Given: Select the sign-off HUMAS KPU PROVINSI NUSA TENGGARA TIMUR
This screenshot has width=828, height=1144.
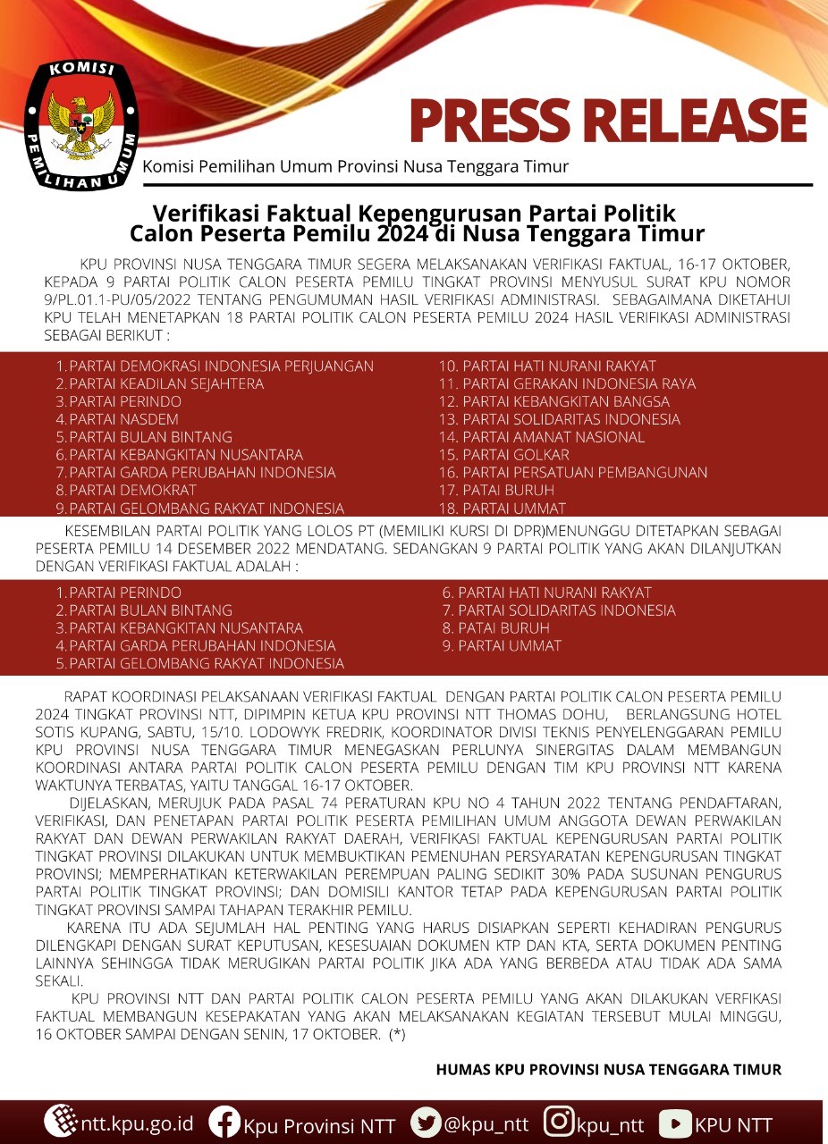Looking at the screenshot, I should click(x=609, y=1069).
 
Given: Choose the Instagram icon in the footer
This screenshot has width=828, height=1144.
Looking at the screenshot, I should click(x=559, y=1122).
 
